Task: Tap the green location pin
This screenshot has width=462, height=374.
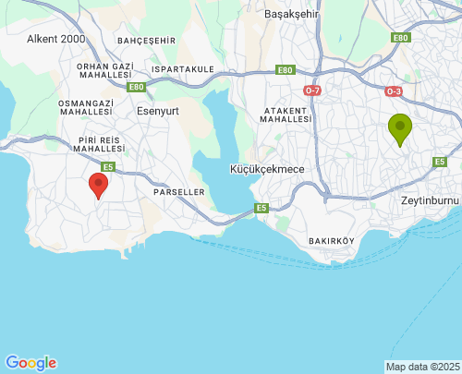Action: pyautogui.click(x=400, y=129)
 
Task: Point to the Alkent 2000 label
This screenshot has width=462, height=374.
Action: pyautogui.click(x=55, y=40)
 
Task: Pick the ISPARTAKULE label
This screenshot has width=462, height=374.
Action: pyautogui.click(x=183, y=69)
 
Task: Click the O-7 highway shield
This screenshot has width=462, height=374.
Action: pyautogui.click(x=312, y=90)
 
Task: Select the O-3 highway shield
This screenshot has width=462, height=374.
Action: pyautogui.click(x=395, y=90)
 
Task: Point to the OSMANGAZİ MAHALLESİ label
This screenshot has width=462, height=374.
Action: pyautogui.click(x=86, y=108)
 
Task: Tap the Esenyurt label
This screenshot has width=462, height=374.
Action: pyautogui.click(x=157, y=110)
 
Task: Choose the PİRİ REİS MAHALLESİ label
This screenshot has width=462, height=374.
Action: pyautogui.click(x=98, y=143)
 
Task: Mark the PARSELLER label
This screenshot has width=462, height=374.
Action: pyautogui.click(x=177, y=192)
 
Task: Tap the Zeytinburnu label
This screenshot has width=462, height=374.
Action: pyautogui.click(x=430, y=199)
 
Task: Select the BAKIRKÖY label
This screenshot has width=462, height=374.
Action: pyautogui.click(x=331, y=241)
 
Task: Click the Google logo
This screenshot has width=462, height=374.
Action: pyautogui.click(x=30, y=363)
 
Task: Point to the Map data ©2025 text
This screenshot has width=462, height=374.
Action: pyautogui.click(x=422, y=367)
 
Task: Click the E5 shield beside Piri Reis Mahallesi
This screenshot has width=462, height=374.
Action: pyautogui.click(x=108, y=166)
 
